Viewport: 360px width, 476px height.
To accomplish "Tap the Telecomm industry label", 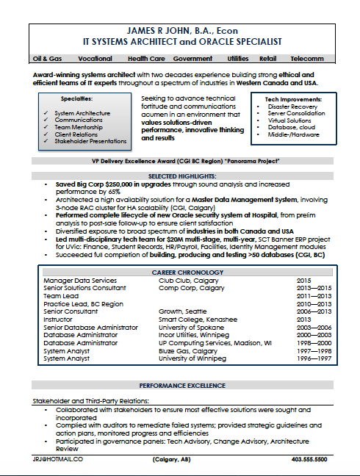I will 306,57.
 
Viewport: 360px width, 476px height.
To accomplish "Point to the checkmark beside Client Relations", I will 46,134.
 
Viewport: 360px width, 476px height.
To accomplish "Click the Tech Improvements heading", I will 292,98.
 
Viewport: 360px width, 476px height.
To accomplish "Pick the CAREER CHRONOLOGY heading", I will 179,271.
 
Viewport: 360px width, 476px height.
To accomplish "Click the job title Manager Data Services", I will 79,281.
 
